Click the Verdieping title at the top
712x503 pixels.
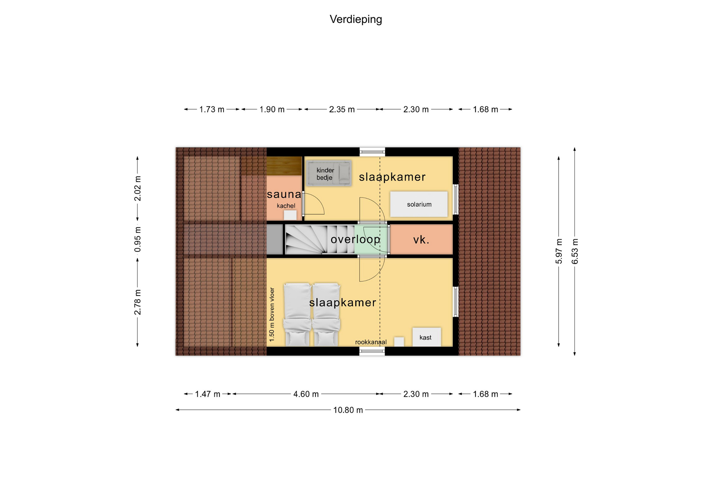click(x=356, y=19)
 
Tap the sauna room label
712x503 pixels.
click(x=284, y=194)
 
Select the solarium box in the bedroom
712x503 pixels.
click(x=419, y=204)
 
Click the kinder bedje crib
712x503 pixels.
click(x=329, y=173)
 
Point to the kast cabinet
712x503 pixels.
click(x=427, y=337)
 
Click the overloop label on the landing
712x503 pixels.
click(x=355, y=240)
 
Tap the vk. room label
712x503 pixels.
click(x=421, y=240)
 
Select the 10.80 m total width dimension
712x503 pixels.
click(x=348, y=410)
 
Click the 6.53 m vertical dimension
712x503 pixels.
click(x=575, y=251)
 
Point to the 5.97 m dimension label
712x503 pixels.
click(x=559, y=251)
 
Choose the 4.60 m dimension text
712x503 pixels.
click(x=306, y=394)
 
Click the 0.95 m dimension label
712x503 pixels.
click(x=138, y=239)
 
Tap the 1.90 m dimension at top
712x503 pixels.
click(x=272, y=110)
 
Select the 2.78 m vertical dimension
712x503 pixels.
click(x=138, y=302)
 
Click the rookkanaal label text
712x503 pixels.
click(x=371, y=342)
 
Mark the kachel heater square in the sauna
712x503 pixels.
click(x=290, y=215)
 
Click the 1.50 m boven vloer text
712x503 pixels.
click(x=272, y=314)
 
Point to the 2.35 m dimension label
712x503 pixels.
click(x=342, y=110)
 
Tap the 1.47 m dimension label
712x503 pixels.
click(x=208, y=394)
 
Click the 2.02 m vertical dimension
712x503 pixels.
click(x=138, y=189)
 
